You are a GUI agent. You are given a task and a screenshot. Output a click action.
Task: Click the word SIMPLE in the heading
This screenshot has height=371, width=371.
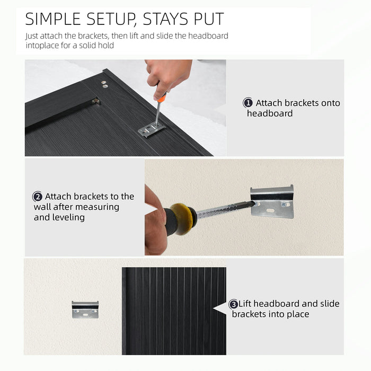pyautogui.click(x=53, y=19)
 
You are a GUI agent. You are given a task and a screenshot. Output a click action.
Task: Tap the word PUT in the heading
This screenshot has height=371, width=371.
pyautogui.click(x=209, y=19)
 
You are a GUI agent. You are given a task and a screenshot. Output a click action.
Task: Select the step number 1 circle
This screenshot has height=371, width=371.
pyautogui.click(x=248, y=103)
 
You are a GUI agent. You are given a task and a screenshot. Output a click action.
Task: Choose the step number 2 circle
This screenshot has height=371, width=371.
pyautogui.click(x=38, y=197)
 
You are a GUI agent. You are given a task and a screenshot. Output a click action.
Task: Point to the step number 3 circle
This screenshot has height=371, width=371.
pyautogui.click(x=233, y=304)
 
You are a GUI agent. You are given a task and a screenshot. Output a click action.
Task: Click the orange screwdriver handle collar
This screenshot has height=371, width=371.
pyautogui.click(x=162, y=98)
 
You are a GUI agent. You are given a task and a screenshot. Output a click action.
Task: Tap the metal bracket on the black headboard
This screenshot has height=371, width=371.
pyautogui.click(x=152, y=129)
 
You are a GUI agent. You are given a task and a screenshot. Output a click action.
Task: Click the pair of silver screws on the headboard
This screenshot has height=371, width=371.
pyautogui.click(x=104, y=84)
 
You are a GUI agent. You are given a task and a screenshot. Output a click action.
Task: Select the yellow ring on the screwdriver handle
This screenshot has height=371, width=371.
pyautogui.click(x=182, y=219)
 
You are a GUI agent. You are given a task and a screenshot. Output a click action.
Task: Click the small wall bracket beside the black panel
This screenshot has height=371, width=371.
pyautogui.click(x=85, y=310)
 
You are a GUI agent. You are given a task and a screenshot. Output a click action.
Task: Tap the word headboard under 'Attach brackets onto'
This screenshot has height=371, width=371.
pyautogui.click(x=270, y=113)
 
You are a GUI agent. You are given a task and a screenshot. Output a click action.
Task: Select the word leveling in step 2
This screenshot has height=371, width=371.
pyautogui.click(x=59, y=217)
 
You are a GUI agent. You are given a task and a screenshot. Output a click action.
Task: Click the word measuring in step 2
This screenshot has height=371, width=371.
pyautogui.click(x=96, y=207)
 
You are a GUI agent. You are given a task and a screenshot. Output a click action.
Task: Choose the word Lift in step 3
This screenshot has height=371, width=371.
pyautogui.click(x=245, y=304)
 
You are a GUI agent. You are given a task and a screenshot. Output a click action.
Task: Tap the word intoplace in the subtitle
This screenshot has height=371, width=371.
pyautogui.click(x=42, y=46)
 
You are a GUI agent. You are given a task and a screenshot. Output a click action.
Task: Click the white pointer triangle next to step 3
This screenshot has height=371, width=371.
pyautogui.click(x=220, y=308)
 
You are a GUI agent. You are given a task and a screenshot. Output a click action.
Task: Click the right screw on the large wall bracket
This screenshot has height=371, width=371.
pyautogui.click(x=284, y=204)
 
